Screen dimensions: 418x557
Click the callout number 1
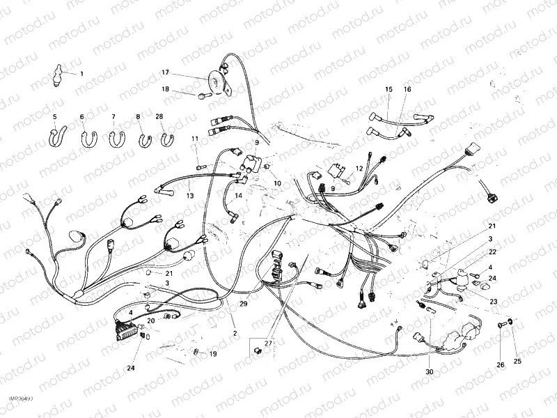click(81, 74)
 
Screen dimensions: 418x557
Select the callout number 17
click(166, 72)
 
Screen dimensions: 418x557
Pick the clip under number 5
click(56, 136)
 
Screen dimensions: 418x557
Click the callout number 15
click(389, 90)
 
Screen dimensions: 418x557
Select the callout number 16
click(407, 90)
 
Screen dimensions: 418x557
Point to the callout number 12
click(360, 169)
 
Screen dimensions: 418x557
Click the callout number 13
click(189, 196)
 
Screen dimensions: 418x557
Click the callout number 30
click(430, 372)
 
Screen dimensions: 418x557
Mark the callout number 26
click(500, 364)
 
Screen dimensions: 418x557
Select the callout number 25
click(517, 361)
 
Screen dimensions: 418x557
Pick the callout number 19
click(213, 354)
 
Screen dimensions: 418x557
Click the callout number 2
click(235, 333)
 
